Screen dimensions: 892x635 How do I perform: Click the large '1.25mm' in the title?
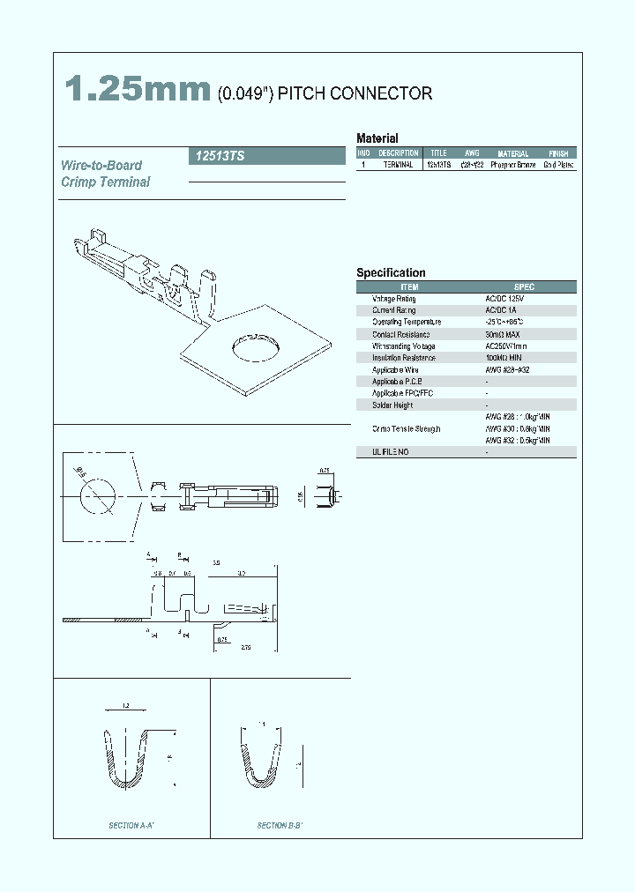[x=138, y=89]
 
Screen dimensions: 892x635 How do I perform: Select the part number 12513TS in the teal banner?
[x=217, y=156]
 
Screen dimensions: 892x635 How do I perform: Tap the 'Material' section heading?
[x=377, y=138]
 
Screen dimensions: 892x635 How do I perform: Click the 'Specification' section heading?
[x=391, y=273]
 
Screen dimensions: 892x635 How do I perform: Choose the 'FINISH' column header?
[x=558, y=153]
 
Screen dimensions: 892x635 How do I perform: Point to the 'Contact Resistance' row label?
[x=401, y=334]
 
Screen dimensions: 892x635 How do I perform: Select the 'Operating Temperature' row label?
[x=407, y=323]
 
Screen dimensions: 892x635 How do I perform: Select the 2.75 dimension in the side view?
[x=247, y=648]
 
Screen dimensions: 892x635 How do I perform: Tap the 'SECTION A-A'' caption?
[x=132, y=826]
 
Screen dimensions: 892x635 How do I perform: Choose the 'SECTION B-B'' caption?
[x=280, y=826]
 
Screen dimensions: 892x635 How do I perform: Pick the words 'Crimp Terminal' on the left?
[x=106, y=182]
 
